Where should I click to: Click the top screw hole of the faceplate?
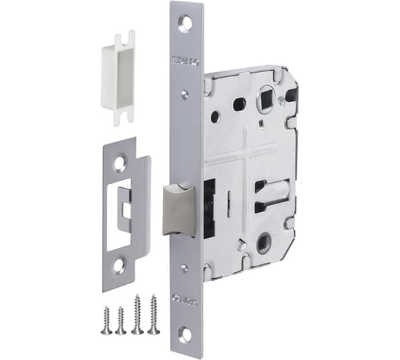click(186, 22)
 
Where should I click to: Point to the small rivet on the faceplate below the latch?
click(185, 265)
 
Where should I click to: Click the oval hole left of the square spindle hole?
click(239, 104)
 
